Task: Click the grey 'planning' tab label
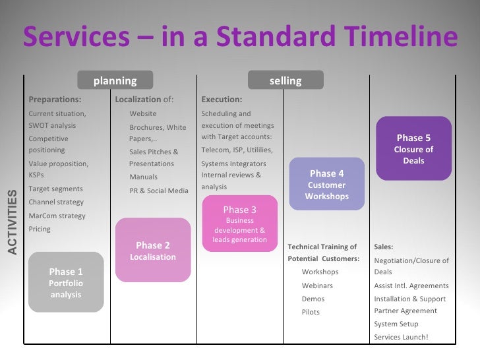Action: [115, 80]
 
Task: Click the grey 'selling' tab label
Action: [285, 80]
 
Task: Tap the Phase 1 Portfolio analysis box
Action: [66, 282]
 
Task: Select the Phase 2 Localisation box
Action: [153, 251]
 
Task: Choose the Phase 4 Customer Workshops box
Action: [326, 184]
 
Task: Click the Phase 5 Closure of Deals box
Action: [413, 148]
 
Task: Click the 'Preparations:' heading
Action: [55, 100]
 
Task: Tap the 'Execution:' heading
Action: [222, 100]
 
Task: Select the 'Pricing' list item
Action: [40, 229]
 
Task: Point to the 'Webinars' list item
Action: [317, 285]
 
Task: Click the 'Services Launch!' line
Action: [401, 337]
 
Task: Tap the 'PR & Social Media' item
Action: [159, 191]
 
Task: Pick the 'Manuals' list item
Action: [144, 177]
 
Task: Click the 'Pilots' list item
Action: [311, 312]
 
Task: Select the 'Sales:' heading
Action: [383, 247]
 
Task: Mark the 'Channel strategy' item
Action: [56, 202]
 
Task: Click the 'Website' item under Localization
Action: [143, 113]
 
